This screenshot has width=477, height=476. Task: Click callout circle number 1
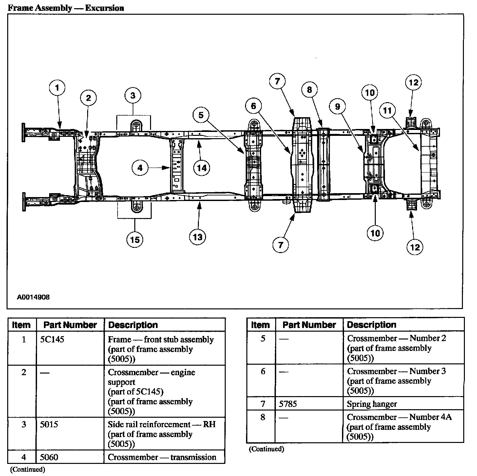57,88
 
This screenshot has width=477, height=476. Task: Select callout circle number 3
133,96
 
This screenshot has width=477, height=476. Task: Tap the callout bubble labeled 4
140,168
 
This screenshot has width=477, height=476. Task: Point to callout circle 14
202,168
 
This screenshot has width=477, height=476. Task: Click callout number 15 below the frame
135,240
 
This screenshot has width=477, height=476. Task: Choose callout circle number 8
310,89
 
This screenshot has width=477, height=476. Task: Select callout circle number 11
388,111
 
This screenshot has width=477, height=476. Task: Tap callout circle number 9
338,106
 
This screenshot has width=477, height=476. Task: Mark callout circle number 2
89,98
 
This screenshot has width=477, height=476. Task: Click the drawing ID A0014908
33,297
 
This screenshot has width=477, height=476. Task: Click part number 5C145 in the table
52,339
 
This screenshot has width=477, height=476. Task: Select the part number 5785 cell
288,404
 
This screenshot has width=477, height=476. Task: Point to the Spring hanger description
372,404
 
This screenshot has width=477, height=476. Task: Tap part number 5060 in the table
49,457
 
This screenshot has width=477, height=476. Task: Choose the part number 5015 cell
49,425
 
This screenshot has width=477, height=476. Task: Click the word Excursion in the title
105,8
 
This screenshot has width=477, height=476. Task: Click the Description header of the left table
133,325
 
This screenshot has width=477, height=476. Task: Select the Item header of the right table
260,325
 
